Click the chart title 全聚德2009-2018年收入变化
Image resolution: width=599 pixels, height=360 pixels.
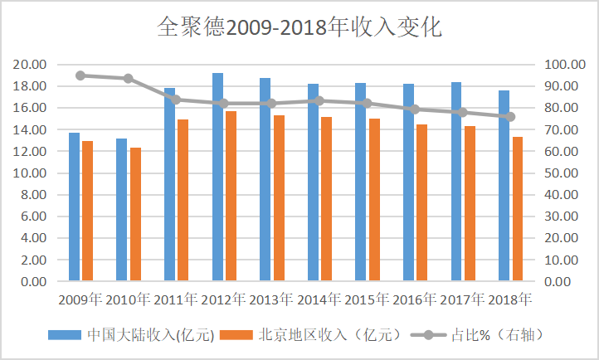point(299,27)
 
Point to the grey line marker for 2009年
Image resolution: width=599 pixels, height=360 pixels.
point(80,75)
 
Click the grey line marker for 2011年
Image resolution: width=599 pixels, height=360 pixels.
point(176,100)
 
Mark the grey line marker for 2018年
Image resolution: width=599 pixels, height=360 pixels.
point(510,117)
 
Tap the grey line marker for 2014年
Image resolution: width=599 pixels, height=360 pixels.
point(319,100)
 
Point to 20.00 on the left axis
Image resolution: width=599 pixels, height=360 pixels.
point(30,65)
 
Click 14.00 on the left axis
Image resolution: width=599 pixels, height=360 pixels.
point(30,130)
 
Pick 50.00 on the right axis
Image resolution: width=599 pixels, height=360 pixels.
point(564,173)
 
